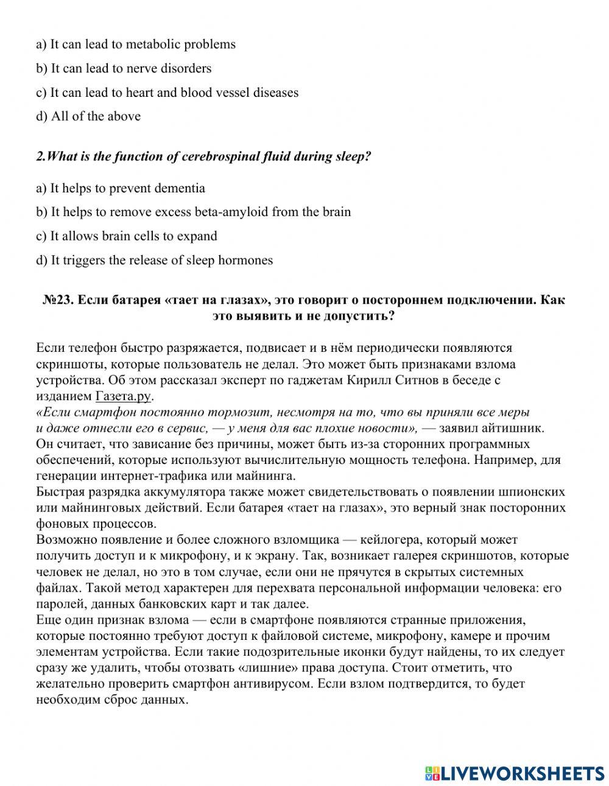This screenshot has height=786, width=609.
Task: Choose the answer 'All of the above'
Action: [96, 116]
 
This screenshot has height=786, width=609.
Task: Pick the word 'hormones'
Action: [247, 261]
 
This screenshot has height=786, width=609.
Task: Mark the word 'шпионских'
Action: [534, 492]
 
